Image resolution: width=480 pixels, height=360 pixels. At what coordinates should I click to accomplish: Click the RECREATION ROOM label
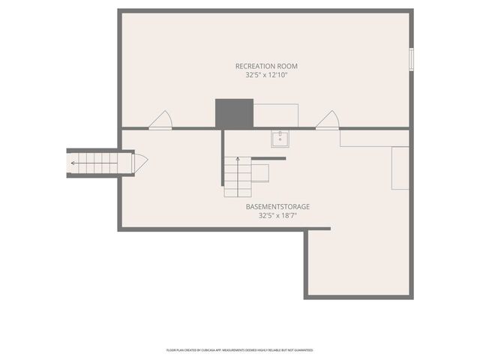point(266,66)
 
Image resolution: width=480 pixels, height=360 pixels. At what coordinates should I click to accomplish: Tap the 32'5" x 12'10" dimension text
point(266,75)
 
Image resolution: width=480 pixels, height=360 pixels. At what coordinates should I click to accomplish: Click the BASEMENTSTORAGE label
point(278,206)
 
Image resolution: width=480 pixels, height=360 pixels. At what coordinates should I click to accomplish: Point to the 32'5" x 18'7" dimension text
point(278,215)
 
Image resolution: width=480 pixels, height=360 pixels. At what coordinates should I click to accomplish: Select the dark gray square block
point(230,113)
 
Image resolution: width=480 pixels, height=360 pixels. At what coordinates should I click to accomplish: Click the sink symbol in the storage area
point(280,139)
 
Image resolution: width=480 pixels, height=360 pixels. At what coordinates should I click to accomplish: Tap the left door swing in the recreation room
point(161,121)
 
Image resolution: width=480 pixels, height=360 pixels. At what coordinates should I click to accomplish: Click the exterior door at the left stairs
point(140,162)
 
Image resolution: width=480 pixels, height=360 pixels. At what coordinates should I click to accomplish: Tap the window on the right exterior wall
point(410,60)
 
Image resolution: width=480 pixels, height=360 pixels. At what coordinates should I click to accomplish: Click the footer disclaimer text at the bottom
point(240,349)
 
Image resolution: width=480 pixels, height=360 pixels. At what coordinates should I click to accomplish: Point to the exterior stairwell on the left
point(94,162)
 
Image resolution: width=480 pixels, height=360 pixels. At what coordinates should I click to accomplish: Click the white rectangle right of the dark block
point(275,115)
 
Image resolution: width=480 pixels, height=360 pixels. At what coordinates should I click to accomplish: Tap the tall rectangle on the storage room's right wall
point(400,167)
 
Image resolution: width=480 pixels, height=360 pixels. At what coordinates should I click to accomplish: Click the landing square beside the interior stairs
point(261,172)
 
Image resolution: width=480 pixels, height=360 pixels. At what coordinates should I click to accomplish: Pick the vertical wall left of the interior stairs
point(223,157)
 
